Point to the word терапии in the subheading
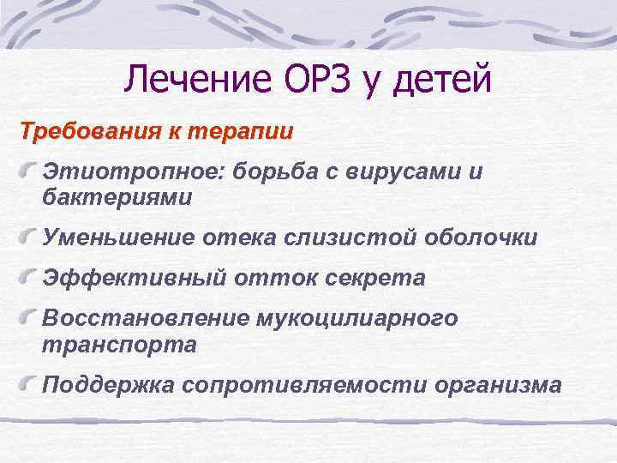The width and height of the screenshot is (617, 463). tap(249, 134)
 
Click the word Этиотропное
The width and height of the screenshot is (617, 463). tap(131, 171)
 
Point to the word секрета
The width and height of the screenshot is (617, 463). tap(378, 278)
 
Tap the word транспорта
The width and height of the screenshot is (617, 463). tap(118, 344)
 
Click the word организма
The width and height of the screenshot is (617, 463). tap(498, 384)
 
